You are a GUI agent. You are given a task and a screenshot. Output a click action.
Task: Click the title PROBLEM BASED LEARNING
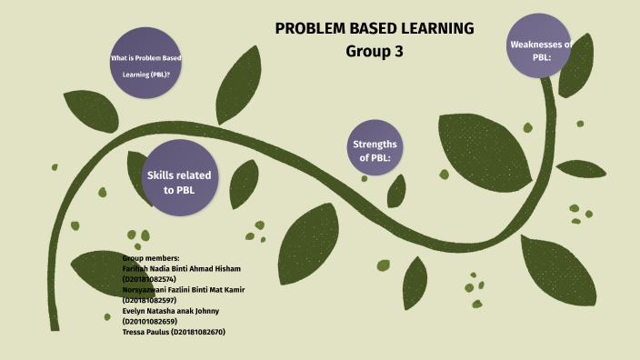point(375,28)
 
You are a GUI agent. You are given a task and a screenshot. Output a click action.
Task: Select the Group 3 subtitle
point(375,52)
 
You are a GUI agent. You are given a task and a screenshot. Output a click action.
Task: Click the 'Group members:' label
point(151,258)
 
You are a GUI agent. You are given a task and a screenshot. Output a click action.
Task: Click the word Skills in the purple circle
point(164,174)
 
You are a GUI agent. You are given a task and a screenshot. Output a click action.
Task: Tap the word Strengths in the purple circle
point(375,144)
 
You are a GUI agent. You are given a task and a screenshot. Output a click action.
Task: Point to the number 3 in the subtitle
point(397,52)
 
